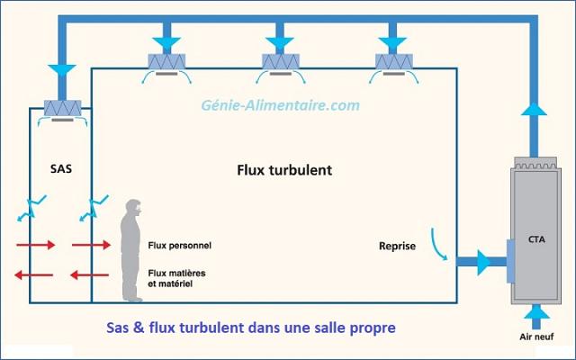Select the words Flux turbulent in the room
tap(284, 169)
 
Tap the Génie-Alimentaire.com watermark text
tap(280, 105)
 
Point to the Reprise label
tap(397, 244)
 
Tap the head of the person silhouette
tap(134, 209)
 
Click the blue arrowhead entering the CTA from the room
tap(484, 263)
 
